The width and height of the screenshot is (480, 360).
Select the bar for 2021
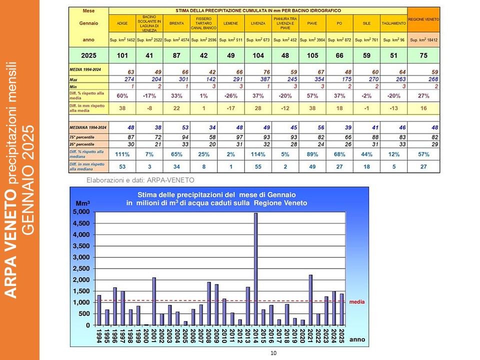click(x=311, y=300)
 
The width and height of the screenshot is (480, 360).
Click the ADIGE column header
click(x=122, y=23)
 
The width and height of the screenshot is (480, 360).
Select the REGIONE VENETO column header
click(x=423, y=19)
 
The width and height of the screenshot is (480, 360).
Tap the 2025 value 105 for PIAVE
click(x=312, y=55)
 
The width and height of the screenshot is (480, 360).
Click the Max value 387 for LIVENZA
click(x=258, y=79)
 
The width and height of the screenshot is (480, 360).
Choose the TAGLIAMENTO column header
click(x=393, y=23)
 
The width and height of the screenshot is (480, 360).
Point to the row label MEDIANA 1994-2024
click(x=87, y=127)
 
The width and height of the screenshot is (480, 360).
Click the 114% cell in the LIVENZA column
click(x=258, y=155)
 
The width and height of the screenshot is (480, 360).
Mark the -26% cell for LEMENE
click(x=230, y=95)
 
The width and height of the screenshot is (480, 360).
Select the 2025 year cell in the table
click(x=88, y=55)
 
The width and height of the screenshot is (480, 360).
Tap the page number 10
click(x=273, y=353)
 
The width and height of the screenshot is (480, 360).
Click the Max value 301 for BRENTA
click(x=176, y=79)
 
